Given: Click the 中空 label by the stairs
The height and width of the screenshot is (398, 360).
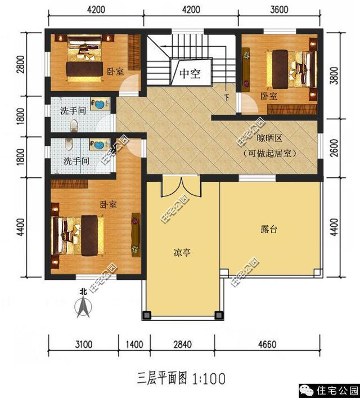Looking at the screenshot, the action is (x=190, y=74).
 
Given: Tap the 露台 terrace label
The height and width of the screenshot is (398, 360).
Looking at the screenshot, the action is (x=269, y=229).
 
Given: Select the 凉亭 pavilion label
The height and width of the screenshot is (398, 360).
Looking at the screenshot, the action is (x=182, y=253).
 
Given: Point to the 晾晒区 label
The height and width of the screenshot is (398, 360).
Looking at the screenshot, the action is (x=269, y=138).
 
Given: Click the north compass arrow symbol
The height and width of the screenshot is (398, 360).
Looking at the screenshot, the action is (x=83, y=307).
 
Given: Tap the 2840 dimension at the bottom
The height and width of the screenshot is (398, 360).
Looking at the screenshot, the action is (x=182, y=345).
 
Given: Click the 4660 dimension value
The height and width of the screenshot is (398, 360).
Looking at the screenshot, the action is (x=267, y=345).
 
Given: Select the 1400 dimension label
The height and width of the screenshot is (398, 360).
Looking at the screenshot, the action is (x=134, y=345).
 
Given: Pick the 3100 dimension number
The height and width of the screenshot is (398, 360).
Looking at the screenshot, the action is (x=84, y=345).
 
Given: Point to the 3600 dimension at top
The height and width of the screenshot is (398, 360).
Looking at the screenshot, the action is (x=279, y=10).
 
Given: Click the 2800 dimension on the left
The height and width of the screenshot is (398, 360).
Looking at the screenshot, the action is (x=21, y=64).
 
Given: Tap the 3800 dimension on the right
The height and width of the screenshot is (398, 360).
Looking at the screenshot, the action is (x=335, y=75).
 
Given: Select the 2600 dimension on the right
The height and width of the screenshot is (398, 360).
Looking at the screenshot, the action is (x=335, y=147).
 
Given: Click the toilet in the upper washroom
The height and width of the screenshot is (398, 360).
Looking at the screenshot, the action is (x=74, y=126).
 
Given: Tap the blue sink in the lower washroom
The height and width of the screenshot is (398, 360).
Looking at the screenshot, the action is (x=98, y=145).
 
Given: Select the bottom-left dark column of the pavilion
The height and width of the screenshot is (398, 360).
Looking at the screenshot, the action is (x=147, y=315).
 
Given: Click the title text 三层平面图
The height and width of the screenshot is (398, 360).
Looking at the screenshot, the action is (x=162, y=378).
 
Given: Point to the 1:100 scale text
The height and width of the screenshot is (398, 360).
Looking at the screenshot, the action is (x=209, y=379).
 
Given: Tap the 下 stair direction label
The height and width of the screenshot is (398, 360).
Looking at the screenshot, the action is (x=227, y=97).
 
